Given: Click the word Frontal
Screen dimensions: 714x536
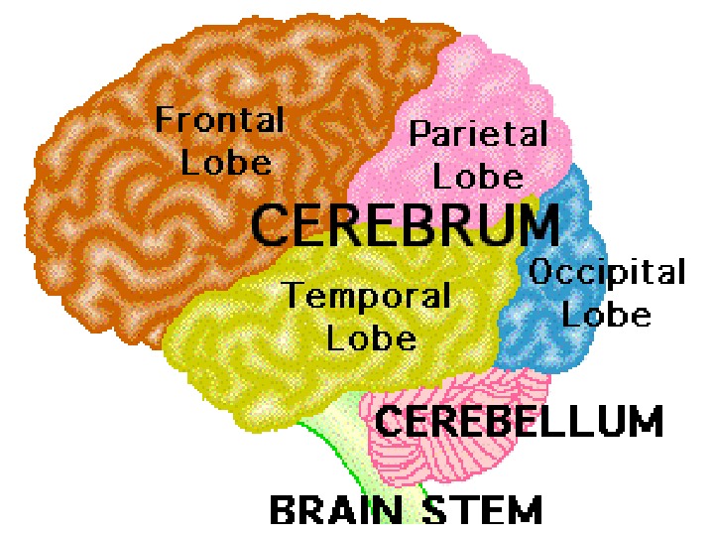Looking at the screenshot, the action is tap(219, 121).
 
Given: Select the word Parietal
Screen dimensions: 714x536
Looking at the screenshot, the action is tap(478, 134).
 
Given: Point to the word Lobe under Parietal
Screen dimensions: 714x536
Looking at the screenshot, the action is tap(478, 176).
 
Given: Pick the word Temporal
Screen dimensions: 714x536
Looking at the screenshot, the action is tap(367, 295).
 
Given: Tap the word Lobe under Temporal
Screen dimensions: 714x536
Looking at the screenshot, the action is tap(372, 337).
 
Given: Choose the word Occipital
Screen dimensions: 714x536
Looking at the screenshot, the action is tap(607, 272).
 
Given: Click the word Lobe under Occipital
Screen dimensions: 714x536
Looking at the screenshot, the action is tap(614, 315).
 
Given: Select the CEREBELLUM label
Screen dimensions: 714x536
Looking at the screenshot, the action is tap(518, 421).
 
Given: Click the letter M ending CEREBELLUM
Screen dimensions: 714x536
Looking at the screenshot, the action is tap(642, 421).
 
